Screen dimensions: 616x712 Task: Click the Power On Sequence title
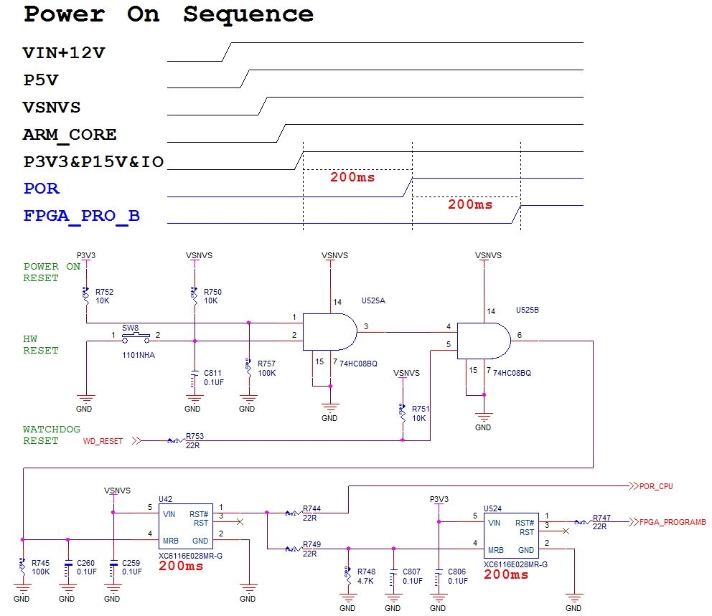[169, 14]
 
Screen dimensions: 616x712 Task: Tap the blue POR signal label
[42, 189]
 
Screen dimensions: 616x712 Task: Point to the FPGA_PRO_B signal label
[81, 216]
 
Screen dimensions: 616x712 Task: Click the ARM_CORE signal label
[70, 135]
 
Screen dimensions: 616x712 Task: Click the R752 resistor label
[103, 292]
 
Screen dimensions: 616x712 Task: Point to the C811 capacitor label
[212, 373]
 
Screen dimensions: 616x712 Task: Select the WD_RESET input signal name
[103, 441]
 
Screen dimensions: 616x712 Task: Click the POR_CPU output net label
[656, 486]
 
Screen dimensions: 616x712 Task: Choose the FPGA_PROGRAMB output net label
[673, 522]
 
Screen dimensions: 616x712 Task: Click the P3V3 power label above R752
[86, 255]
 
